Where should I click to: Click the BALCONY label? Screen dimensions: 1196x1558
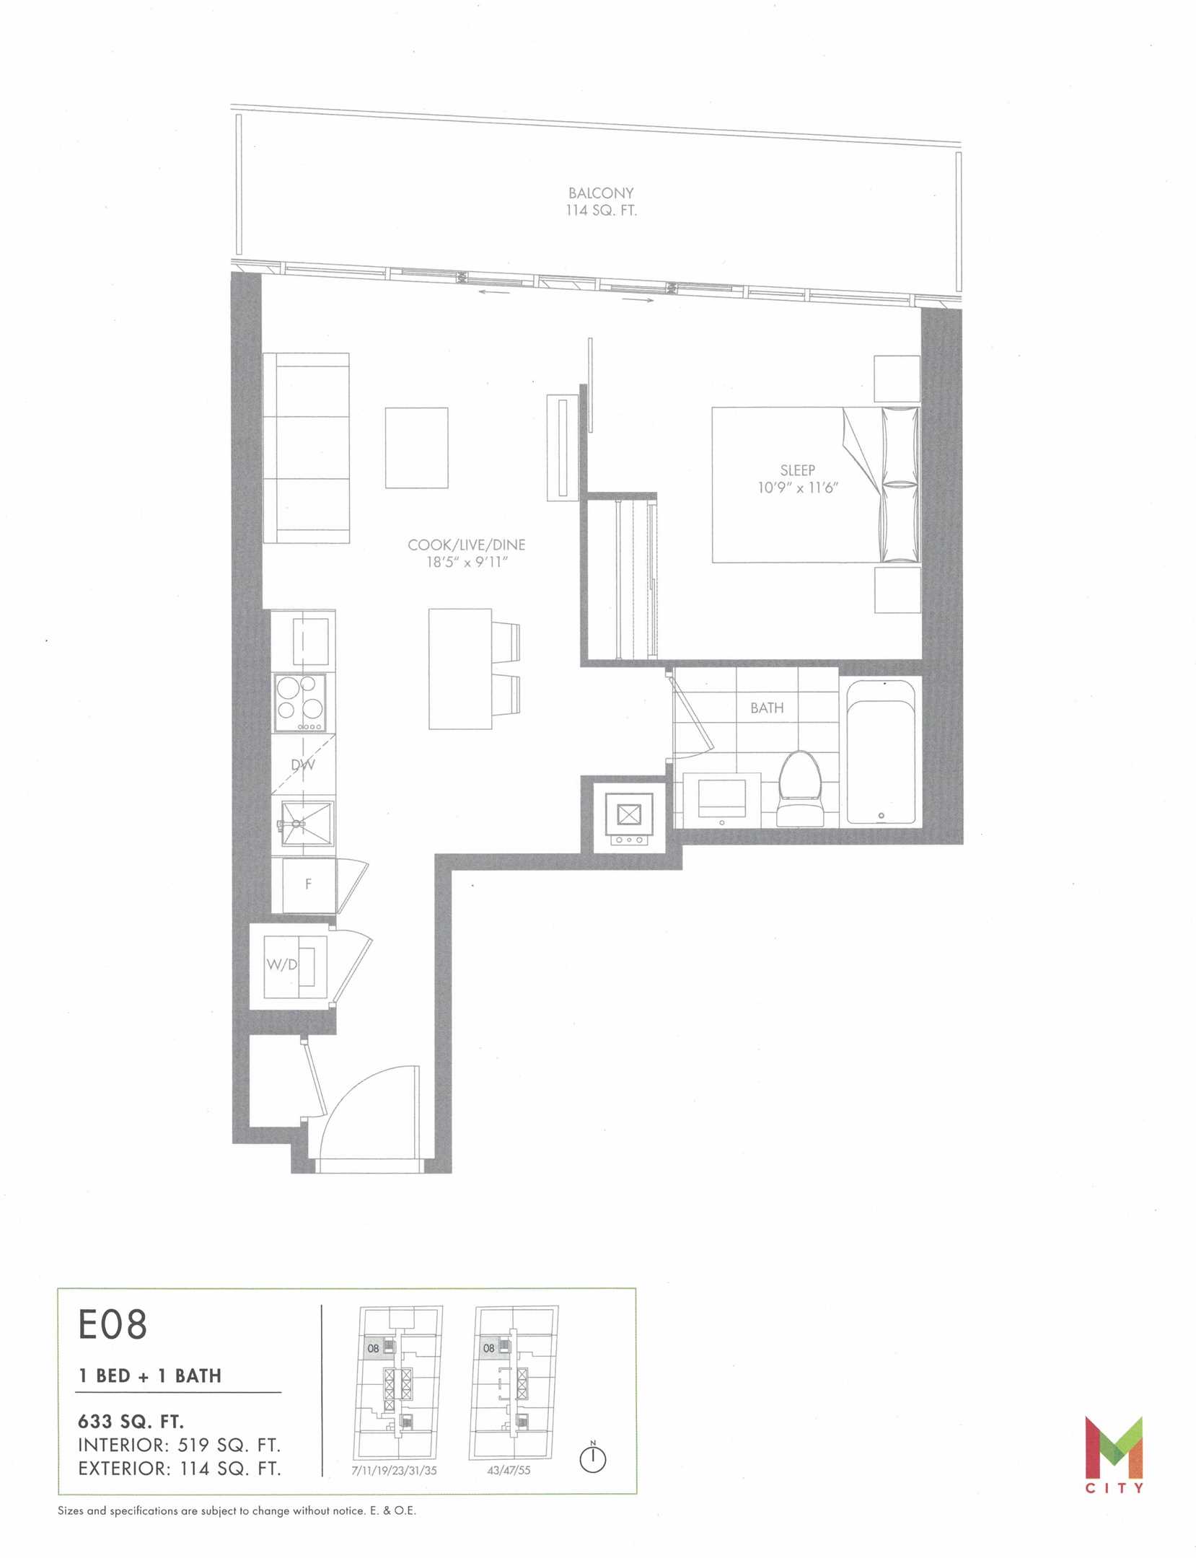tap(601, 193)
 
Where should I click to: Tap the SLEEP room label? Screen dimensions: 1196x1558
tap(797, 470)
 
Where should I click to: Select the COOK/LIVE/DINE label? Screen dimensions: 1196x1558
tap(466, 545)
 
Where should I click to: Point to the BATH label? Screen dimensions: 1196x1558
tap(767, 708)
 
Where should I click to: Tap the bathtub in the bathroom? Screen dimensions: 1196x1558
tap(881, 751)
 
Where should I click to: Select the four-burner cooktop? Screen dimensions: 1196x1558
tap(299, 703)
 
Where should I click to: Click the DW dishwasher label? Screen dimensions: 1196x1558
tap(303, 765)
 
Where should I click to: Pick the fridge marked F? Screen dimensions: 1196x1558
tap(308, 884)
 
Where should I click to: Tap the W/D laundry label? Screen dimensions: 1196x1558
tap(282, 964)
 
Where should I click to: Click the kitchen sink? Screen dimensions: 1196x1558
tap(303, 822)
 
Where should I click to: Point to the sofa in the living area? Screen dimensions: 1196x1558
tap(307, 448)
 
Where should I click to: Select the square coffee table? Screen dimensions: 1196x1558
tap(416, 448)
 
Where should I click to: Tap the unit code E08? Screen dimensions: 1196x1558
tap(113, 1324)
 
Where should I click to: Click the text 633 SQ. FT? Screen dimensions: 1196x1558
tap(131, 1422)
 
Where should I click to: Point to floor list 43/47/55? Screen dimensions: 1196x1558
tap(509, 1470)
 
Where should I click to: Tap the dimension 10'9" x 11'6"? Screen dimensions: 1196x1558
tap(798, 488)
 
